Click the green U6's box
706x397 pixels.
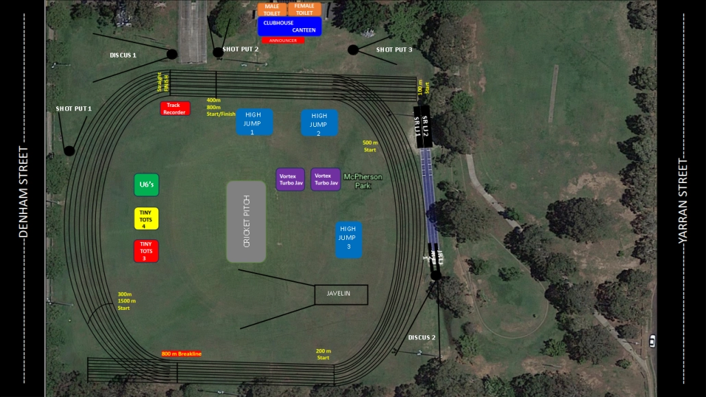point(146,184)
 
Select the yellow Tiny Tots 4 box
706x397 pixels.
point(146,218)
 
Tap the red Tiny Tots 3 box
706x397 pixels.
point(146,250)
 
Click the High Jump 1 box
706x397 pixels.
point(254,123)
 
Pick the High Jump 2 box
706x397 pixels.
point(319,123)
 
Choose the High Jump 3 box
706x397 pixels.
point(348,239)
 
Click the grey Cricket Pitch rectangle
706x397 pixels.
point(246,221)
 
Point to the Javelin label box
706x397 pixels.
point(341,294)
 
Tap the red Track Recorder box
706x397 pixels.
point(175,108)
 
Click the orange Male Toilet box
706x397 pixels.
point(272,9)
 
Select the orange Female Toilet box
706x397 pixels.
point(304,9)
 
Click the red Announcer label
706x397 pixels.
point(283,40)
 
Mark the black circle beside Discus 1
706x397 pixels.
point(172,54)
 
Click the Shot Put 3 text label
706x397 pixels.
point(394,49)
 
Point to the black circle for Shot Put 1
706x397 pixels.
point(69,150)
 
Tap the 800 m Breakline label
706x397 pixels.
point(182,354)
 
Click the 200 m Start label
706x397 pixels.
point(323,354)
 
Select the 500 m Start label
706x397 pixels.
point(369,146)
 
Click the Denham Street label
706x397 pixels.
point(23,192)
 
